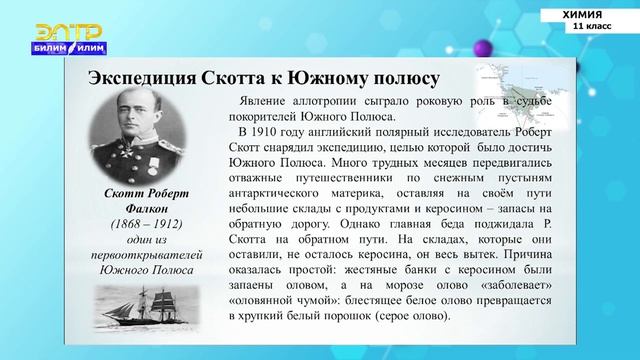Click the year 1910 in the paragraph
click(x=273, y=130)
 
